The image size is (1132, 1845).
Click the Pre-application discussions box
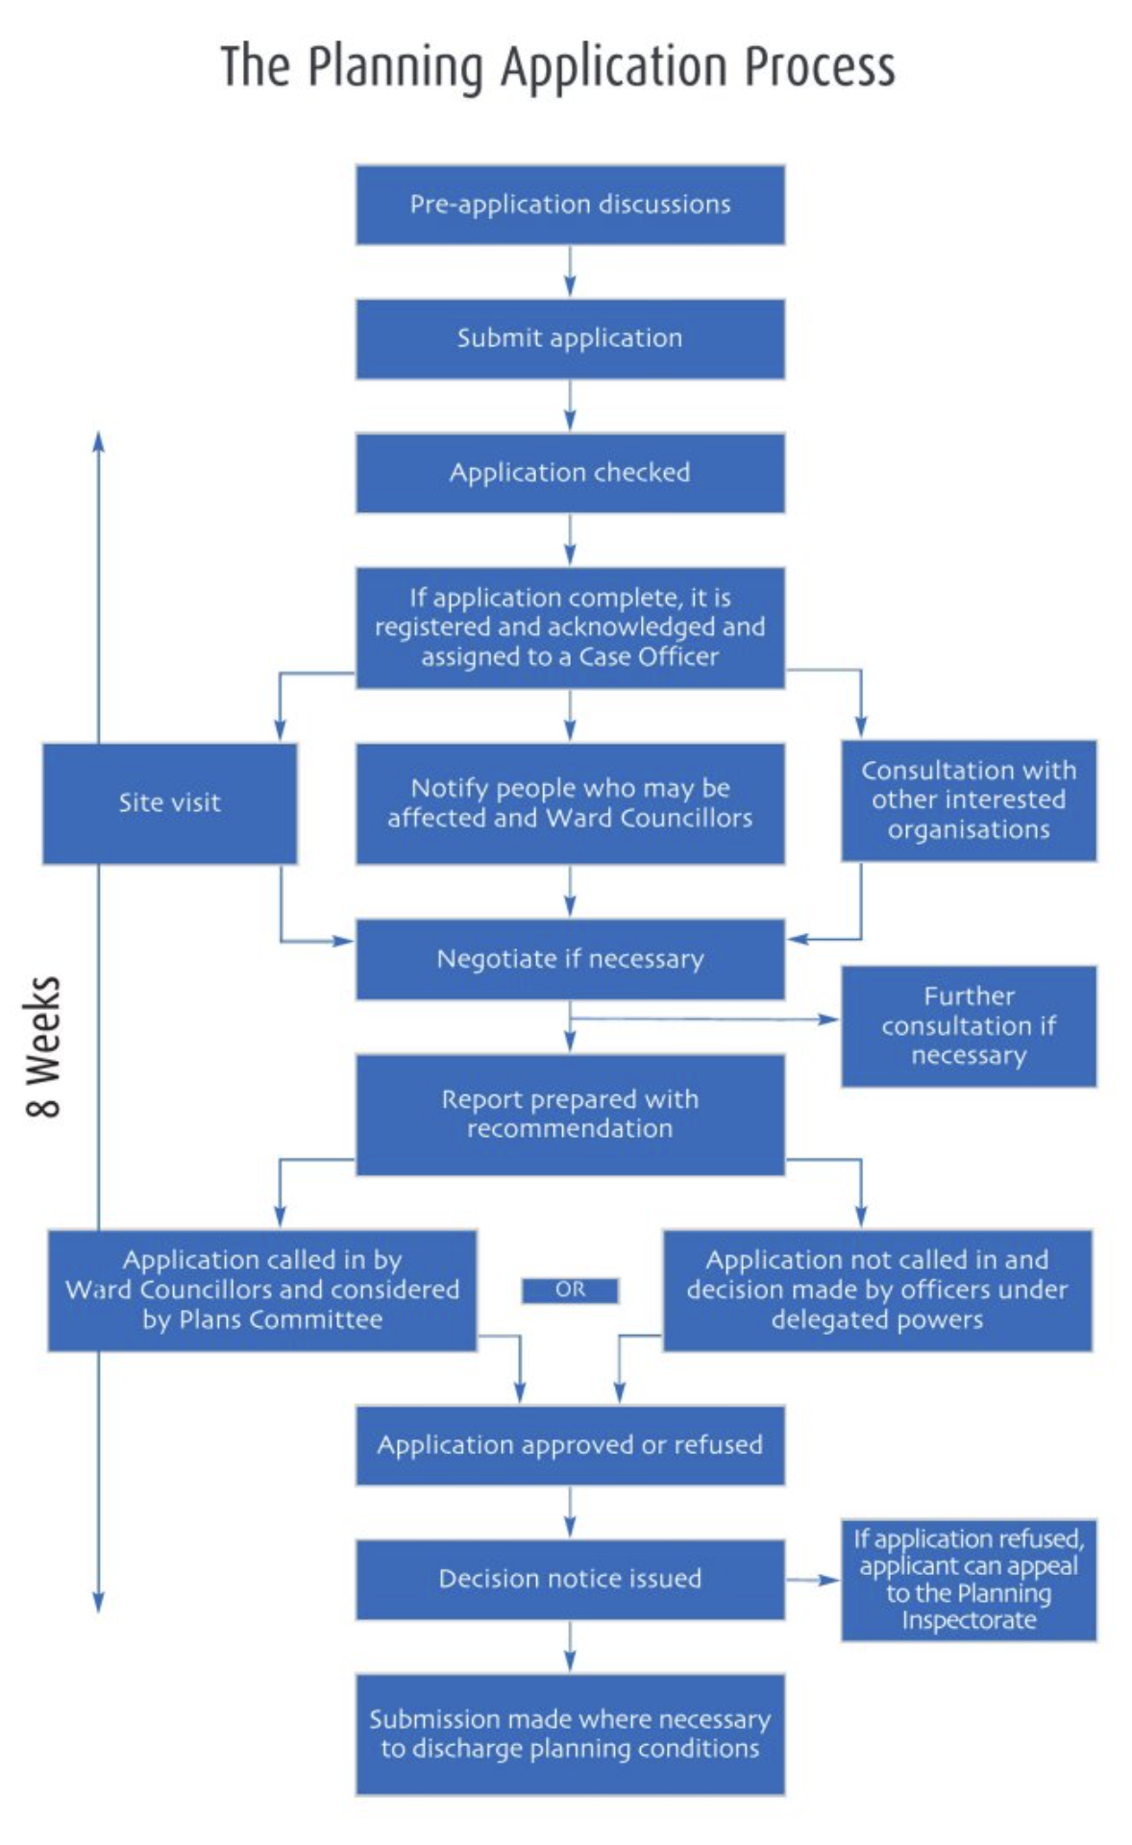570,205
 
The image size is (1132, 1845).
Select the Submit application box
570,338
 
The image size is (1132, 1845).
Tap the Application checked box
570,473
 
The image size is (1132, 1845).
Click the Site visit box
169,803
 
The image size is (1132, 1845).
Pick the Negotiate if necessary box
570,959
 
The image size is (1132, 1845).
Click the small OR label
570,1290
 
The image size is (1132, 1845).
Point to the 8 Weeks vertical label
43,1046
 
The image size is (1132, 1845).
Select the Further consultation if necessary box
969,1026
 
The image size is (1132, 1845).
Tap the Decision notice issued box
570,1579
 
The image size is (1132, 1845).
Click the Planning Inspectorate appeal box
969,1580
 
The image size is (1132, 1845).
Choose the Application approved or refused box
570,1445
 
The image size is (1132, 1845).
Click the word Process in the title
820,67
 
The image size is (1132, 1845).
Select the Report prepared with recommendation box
570,1115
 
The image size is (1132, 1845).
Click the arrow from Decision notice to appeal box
813,1580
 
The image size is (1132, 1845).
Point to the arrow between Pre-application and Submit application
570,272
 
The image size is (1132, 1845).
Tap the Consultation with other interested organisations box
969,800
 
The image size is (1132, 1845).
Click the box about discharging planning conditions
570,1734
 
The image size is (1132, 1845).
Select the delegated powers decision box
876,1290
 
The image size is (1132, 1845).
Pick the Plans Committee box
262,1290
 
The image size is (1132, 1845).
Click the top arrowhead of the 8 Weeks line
98,441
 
